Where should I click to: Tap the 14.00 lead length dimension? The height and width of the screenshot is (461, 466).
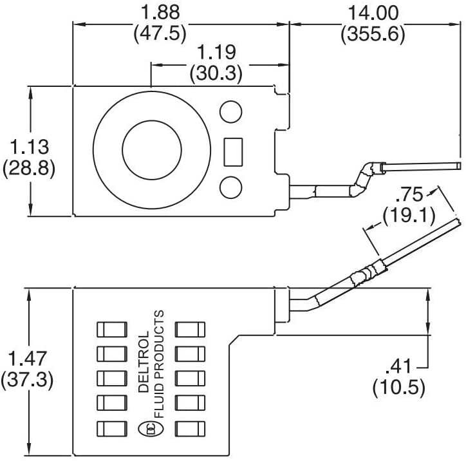[373, 12]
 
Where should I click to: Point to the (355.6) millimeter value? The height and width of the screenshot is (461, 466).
[373, 33]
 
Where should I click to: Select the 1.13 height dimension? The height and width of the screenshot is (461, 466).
[28, 146]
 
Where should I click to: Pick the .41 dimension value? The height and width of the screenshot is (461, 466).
[399, 367]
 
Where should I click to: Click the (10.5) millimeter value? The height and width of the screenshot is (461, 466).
[399, 388]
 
